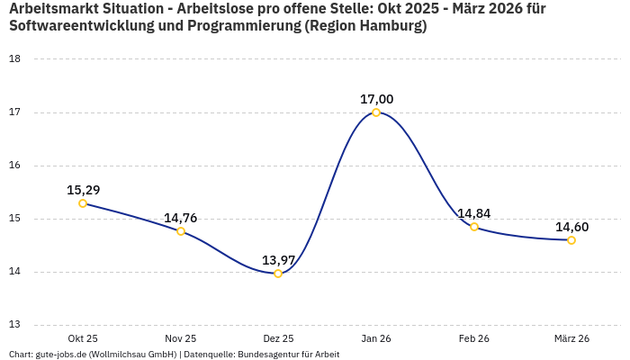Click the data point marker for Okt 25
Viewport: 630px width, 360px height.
click(x=83, y=203)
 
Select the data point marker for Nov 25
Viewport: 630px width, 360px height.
click(x=181, y=231)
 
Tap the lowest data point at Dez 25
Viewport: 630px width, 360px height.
click(x=278, y=274)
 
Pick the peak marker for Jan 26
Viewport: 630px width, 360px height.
click(x=376, y=112)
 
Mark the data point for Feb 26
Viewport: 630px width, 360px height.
click(x=474, y=227)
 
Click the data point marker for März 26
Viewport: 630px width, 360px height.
click(x=571, y=240)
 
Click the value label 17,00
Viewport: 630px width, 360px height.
click(x=376, y=99)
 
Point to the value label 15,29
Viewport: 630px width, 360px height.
click(x=83, y=190)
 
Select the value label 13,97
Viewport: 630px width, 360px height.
click(x=278, y=260)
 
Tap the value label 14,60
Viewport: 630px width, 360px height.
click(x=571, y=227)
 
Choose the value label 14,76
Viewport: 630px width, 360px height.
click(x=181, y=218)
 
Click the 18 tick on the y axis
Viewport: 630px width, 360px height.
click(x=14, y=59)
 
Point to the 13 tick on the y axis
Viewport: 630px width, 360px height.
click(x=14, y=325)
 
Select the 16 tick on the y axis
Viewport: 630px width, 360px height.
click(x=14, y=166)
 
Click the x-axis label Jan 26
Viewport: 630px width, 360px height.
click(x=376, y=338)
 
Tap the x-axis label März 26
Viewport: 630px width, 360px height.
click(x=571, y=338)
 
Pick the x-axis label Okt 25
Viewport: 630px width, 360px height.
click(x=83, y=338)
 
